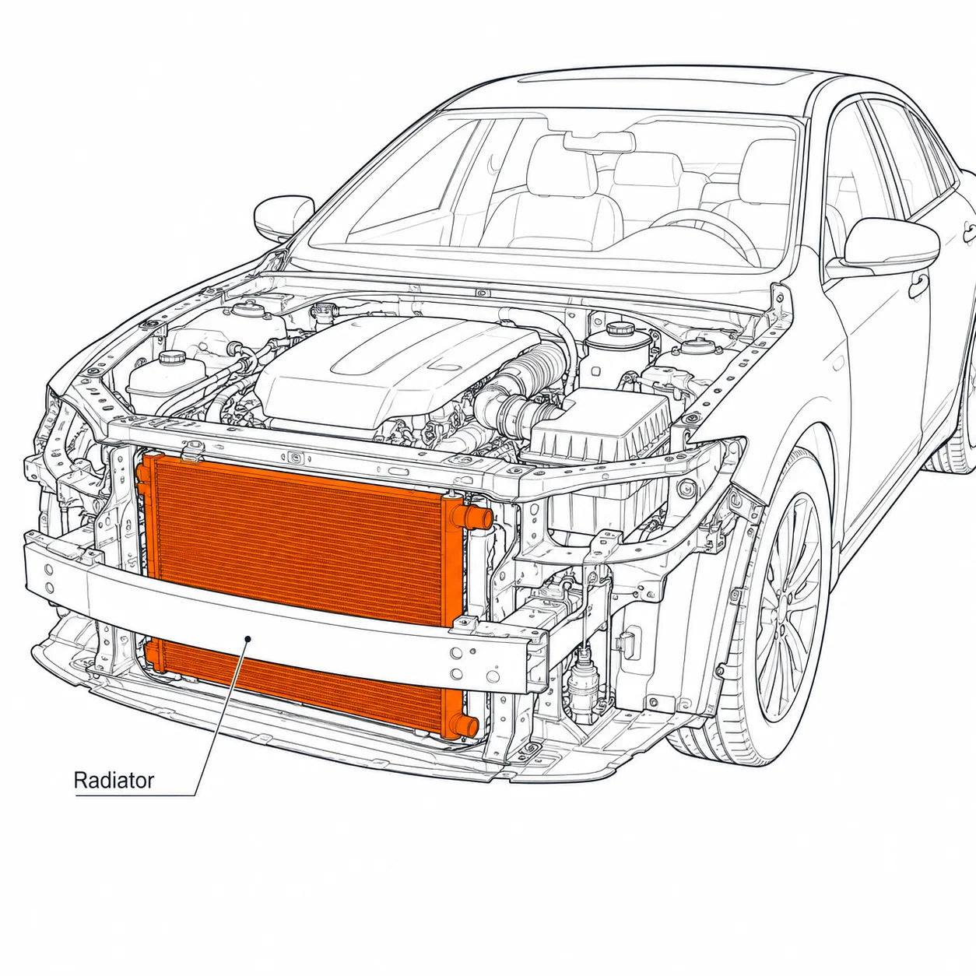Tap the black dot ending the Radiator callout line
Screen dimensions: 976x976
click(248, 639)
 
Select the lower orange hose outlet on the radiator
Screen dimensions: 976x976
click(465, 726)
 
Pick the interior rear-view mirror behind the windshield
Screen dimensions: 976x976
click(599, 142)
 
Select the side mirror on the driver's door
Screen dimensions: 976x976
click(887, 244)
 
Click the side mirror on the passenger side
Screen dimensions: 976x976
click(283, 218)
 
